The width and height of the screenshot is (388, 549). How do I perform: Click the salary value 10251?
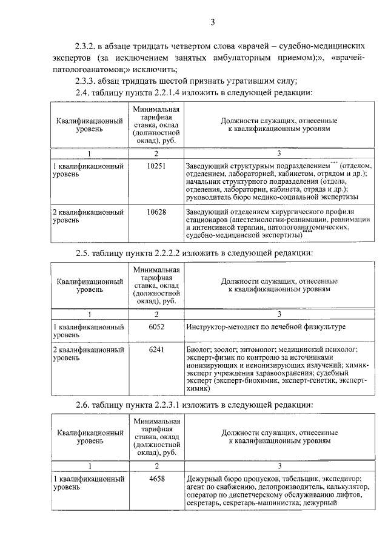156,166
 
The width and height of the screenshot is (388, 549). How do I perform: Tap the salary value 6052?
156,326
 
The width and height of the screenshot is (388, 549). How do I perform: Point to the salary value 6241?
156,350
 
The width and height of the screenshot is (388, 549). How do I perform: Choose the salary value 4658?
156,479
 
